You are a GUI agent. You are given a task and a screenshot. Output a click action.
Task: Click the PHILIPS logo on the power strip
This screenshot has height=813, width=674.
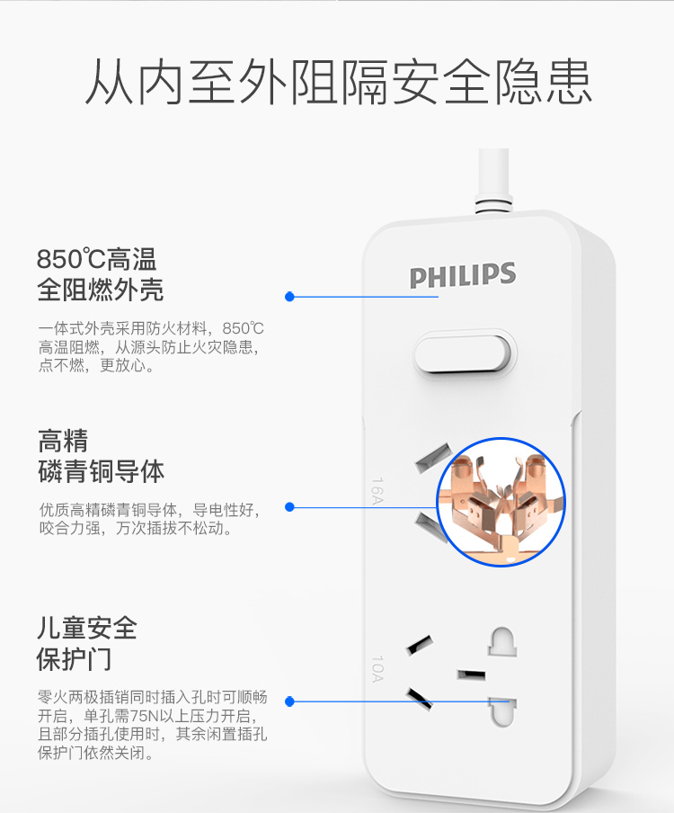tap(463, 275)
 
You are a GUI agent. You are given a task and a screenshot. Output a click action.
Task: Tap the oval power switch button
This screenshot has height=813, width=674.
tap(465, 353)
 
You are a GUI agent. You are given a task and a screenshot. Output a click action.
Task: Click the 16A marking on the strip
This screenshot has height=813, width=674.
tap(377, 490)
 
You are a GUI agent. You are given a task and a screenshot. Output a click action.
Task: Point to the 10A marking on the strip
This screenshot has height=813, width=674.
tap(378, 668)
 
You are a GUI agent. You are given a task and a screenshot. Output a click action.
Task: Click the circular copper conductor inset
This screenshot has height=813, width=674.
tap(501, 502)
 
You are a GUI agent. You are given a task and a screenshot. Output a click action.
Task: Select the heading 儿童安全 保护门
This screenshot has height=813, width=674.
tap(87, 643)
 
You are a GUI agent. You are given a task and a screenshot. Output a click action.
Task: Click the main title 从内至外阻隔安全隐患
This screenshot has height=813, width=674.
tap(338, 82)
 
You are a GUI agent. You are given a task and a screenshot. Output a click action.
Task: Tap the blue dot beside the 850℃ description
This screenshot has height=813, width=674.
tap(289, 297)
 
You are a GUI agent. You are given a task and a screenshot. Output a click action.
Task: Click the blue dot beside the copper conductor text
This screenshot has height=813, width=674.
tap(289, 507)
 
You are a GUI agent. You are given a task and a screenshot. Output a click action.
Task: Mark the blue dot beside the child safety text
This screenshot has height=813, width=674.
tap(289, 701)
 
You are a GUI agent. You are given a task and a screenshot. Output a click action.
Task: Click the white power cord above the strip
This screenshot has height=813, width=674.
tap(493, 179)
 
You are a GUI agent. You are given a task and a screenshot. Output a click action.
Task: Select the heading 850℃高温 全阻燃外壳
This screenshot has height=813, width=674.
tap(100, 274)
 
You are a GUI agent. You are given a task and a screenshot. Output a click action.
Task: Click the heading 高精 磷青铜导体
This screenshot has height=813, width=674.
tap(101, 456)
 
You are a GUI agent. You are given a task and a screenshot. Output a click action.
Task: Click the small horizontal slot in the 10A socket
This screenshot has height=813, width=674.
tap(471, 675)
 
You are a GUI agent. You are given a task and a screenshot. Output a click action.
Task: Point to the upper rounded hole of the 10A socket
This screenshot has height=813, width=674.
tap(502, 642)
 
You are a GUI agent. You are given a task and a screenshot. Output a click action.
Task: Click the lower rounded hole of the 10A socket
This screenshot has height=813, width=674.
tap(502, 712)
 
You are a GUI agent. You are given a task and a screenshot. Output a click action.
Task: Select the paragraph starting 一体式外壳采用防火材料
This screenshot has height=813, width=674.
tap(151, 347)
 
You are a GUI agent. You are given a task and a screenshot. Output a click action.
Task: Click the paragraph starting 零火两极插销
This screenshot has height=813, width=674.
tap(152, 724)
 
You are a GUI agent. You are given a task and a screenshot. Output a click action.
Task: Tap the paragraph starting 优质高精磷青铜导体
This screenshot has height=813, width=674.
tap(150, 519)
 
